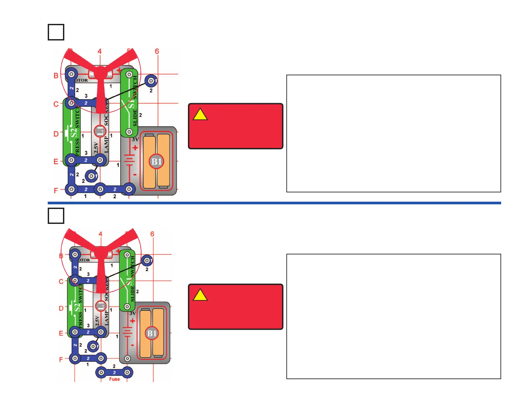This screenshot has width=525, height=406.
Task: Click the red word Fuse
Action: tap(114, 379)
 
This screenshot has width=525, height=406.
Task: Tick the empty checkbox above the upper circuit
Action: tap(56, 32)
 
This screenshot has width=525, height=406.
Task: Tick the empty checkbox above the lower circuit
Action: tap(56, 216)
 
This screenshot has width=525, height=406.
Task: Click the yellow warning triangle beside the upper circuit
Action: tap(200, 115)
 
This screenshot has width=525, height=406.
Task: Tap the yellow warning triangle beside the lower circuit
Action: tap(200, 295)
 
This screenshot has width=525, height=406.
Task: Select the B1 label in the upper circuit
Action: tap(156, 162)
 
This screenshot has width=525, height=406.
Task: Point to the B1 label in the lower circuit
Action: tap(152, 333)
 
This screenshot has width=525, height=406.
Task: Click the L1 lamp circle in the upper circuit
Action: tap(100, 131)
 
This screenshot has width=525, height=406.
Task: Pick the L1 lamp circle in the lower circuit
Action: tap(100, 306)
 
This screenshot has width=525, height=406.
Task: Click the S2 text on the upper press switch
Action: tap(75, 132)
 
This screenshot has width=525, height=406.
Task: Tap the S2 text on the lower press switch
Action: tap(77, 307)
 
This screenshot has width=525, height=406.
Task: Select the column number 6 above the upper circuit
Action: tap(157, 51)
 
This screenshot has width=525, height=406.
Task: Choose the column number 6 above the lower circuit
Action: tap(152, 234)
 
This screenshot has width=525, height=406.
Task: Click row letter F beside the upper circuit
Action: tap(56, 190)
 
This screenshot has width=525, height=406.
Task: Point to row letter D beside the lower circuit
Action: tap(61, 308)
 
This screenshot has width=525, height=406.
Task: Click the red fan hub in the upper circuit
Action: tap(100, 71)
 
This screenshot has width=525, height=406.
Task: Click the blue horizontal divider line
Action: tap(274, 203)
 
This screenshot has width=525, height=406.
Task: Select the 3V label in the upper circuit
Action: tap(135, 139)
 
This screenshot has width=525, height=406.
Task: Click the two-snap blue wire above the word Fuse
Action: tap(114, 372)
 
